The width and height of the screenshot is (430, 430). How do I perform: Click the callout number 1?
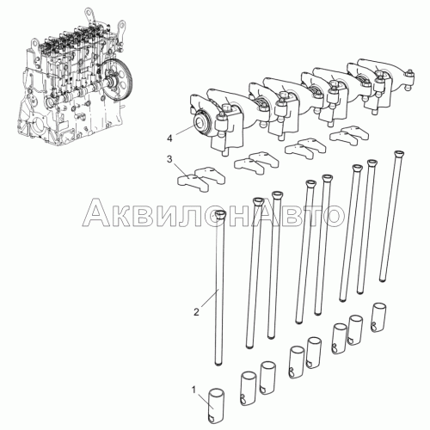click(x=194, y=390)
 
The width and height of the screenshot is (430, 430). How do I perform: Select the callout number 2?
click(x=196, y=312)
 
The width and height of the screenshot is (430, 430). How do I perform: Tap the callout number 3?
click(x=169, y=159)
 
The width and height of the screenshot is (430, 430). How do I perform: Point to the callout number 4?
click(x=169, y=139)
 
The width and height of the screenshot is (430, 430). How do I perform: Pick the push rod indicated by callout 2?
click(x=220, y=287)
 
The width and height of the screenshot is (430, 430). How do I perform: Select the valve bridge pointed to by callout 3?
click(x=201, y=180)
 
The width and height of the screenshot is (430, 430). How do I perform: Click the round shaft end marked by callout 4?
click(x=200, y=122)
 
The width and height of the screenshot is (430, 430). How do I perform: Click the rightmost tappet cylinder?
click(x=379, y=317)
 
